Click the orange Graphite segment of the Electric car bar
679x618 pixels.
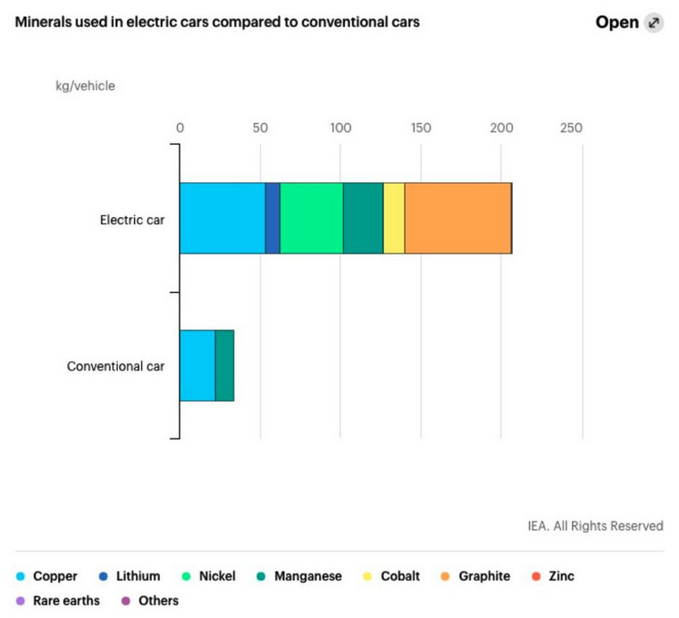[x=457, y=218]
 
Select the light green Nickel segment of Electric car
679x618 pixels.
[x=311, y=218]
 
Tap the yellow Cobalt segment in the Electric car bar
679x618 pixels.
[x=394, y=218]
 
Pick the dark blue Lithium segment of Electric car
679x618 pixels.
[x=272, y=218]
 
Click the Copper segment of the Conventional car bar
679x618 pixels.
[x=197, y=365]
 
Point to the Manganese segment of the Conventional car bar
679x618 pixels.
[x=224, y=365]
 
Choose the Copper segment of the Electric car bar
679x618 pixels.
[x=222, y=218]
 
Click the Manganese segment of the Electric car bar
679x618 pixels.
[x=363, y=218]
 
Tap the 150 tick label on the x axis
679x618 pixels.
[x=421, y=128]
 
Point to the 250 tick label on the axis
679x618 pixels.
[x=570, y=128]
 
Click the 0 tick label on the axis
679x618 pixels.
[x=180, y=128]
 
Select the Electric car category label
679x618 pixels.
[x=132, y=219]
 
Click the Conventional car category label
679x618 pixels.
[x=116, y=366]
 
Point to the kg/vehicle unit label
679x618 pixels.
[x=86, y=87]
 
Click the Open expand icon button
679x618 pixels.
[x=654, y=23]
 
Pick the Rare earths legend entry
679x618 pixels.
[x=60, y=600]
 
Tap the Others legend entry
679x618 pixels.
[x=150, y=600]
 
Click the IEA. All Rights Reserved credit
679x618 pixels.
[x=595, y=526]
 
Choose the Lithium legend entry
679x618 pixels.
[x=130, y=576]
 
